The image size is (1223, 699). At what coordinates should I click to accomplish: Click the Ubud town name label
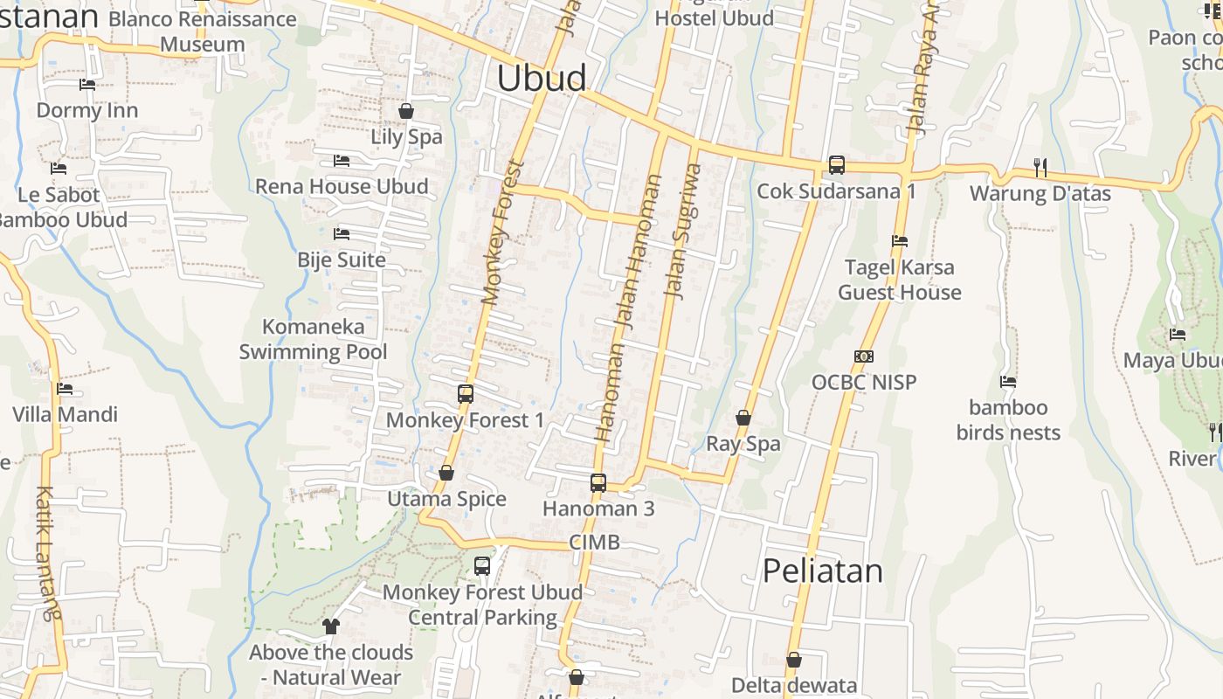[x=542, y=79]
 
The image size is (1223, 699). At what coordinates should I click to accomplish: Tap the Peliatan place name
[x=822, y=571]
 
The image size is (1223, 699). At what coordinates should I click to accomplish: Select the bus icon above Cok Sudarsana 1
[x=836, y=164]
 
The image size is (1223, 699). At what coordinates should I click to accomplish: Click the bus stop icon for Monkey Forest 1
[x=466, y=393]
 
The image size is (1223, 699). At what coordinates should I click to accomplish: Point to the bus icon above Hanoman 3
[x=598, y=482]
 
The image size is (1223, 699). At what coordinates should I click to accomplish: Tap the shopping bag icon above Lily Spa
[x=406, y=111]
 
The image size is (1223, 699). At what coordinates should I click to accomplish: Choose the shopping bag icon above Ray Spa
[x=743, y=418]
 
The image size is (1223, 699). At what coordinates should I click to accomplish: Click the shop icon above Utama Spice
[x=446, y=473]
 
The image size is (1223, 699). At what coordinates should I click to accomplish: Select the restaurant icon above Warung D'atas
[x=1040, y=167]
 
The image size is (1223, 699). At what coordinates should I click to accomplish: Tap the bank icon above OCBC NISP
[x=863, y=356]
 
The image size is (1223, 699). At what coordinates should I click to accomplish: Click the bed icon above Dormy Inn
[x=87, y=85]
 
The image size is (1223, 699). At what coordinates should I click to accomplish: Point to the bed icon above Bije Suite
[x=342, y=234]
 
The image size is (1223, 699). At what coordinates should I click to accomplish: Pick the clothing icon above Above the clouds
[x=331, y=626]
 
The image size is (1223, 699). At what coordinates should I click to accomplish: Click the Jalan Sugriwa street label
[x=683, y=232]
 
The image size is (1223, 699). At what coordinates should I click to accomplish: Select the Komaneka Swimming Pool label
[x=314, y=339]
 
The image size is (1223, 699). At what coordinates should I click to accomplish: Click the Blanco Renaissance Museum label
[x=203, y=31]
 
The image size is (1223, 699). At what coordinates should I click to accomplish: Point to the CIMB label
[x=594, y=543]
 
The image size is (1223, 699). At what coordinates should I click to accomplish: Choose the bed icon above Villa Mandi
[x=65, y=389]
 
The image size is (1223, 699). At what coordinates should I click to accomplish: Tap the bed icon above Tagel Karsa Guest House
[x=900, y=241]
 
